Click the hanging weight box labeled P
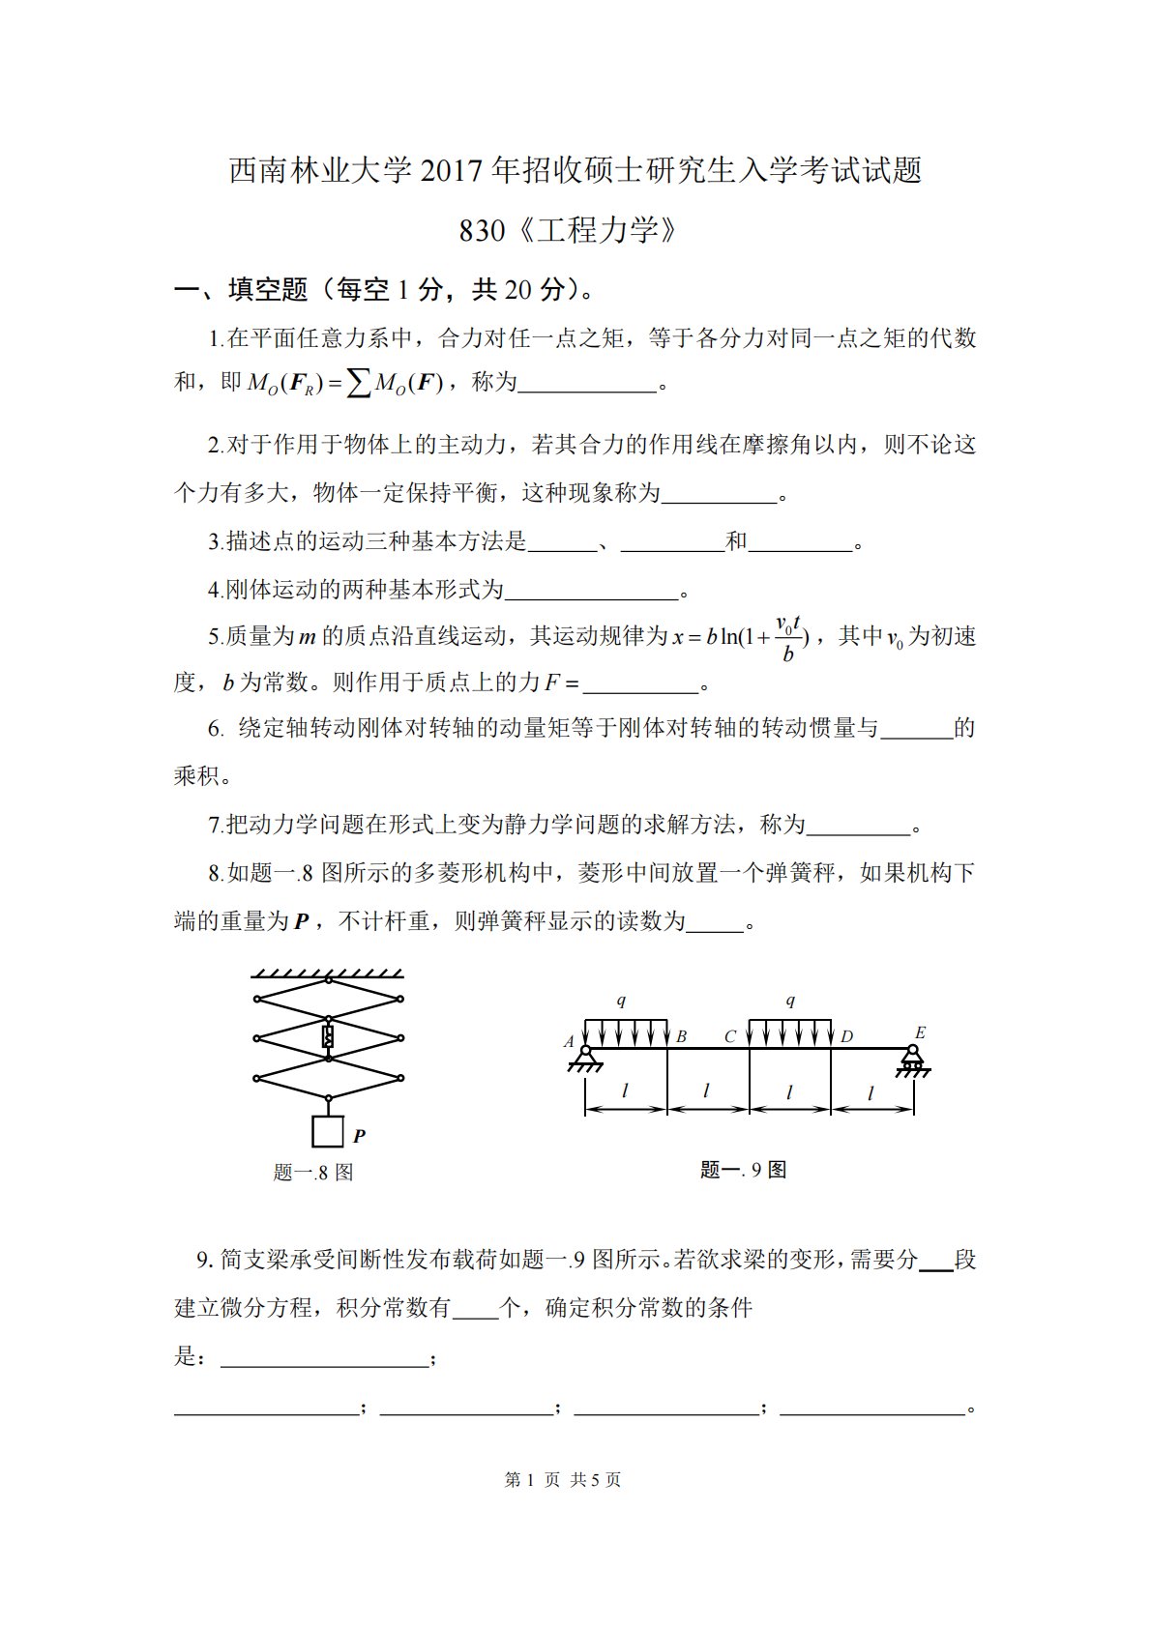point(328,1130)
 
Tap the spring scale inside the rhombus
point(328,1037)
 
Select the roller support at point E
point(912,1060)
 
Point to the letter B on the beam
point(681,1036)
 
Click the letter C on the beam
point(730,1036)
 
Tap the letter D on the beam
point(846,1036)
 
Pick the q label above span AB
point(622,1000)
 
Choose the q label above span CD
point(790,1000)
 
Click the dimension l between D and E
point(871,1092)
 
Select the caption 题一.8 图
point(313,1173)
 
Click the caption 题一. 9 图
point(743,1170)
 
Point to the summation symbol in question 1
point(360,384)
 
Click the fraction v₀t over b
point(788,638)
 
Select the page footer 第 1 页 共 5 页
point(563,1479)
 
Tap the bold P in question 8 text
point(301,922)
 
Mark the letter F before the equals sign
point(551,683)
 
